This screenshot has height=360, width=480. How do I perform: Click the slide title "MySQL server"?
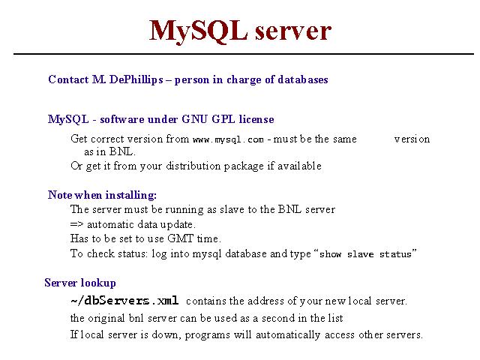point(240,31)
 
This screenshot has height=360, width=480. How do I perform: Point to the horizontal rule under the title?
point(244,54)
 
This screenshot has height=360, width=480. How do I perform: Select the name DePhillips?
point(136,80)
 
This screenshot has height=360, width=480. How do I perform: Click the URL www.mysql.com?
point(228,140)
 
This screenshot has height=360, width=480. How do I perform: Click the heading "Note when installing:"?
point(102,195)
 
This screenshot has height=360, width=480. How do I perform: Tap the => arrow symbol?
point(76,224)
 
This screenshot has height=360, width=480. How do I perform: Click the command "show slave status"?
point(365,254)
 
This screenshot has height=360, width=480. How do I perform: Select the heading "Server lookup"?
point(80,283)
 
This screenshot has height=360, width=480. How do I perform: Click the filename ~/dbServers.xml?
point(124,301)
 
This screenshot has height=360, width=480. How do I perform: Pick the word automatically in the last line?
point(288,335)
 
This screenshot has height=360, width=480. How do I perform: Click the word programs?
point(208,335)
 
